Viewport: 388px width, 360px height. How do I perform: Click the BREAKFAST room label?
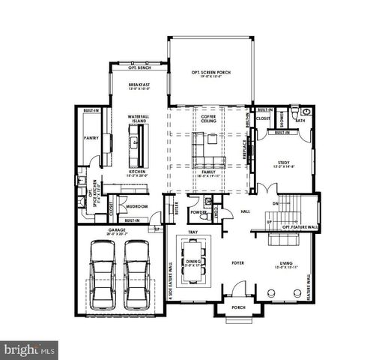[x=139, y=85]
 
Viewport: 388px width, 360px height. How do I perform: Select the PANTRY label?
[x=91, y=137]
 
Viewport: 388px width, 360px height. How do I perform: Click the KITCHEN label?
[x=136, y=172]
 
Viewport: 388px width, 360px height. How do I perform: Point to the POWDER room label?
[x=199, y=211]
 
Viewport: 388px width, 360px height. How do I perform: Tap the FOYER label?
[x=237, y=263]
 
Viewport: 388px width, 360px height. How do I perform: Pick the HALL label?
[x=246, y=211]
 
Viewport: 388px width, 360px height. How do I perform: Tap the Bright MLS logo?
[x=30, y=349]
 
